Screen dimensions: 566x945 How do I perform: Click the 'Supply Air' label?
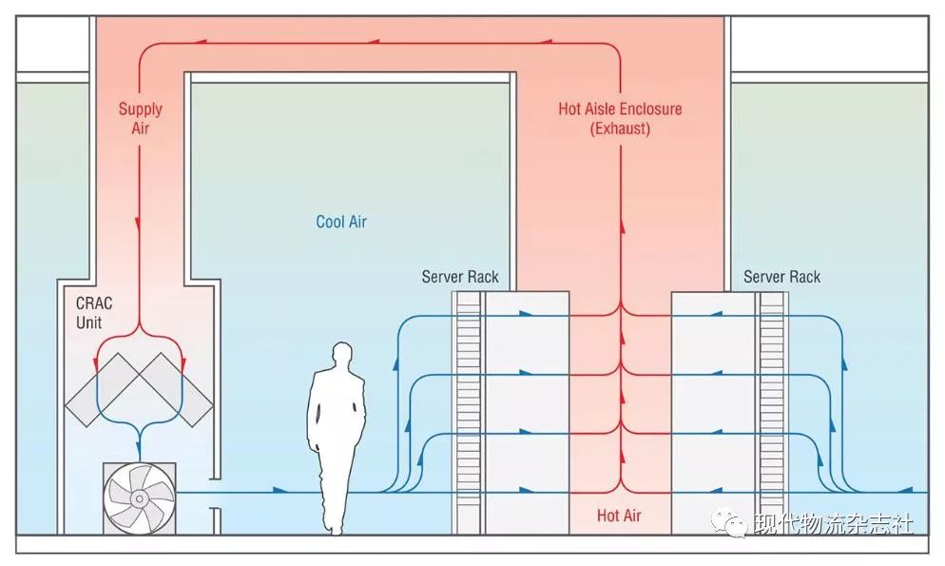click(x=140, y=118)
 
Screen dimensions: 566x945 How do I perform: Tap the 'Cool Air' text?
click(x=340, y=222)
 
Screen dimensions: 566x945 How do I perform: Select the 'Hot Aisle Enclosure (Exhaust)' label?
click(x=620, y=118)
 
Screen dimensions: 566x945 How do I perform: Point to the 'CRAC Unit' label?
click(x=94, y=313)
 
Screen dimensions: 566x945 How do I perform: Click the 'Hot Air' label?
click(x=619, y=516)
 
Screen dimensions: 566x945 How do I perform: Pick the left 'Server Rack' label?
click(x=460, y=277)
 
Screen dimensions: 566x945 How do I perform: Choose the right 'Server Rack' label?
click(x=781, y=277)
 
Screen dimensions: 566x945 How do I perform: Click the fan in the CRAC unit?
click(x=139, y=497)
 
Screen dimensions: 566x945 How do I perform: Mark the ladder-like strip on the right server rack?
click(x=771, y=409)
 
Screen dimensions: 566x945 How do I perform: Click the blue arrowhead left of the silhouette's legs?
click(x=279, y=491)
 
